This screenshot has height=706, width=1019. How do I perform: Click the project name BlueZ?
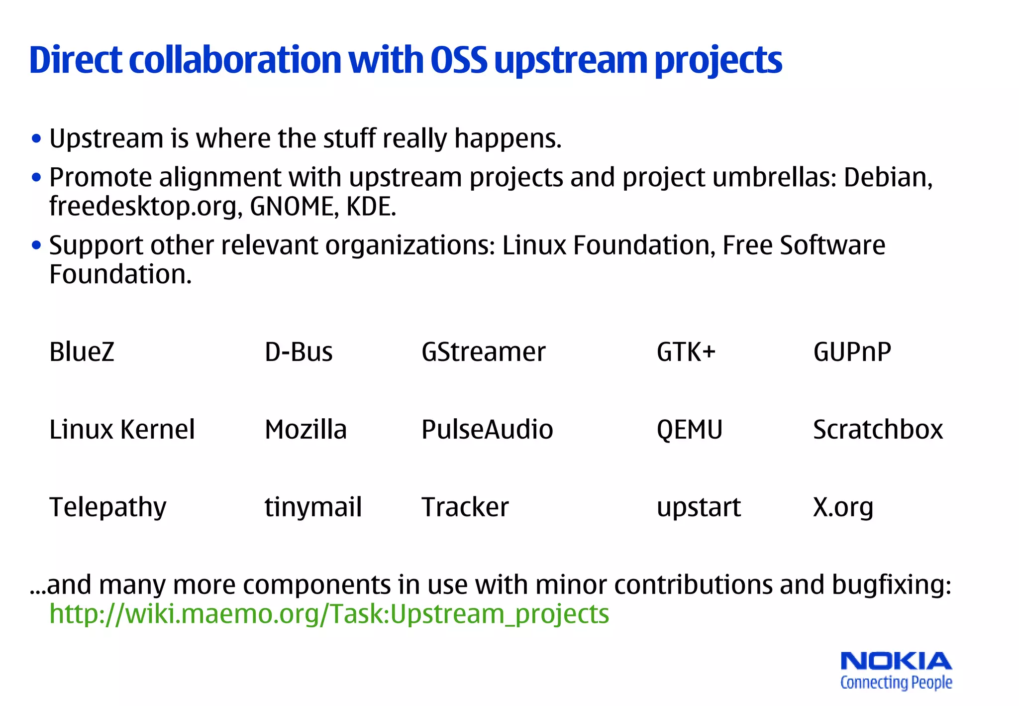[x=82, y=352]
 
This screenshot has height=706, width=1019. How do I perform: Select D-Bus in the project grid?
[x=299, y=352]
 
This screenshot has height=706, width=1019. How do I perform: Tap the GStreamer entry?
[x=483, y=352]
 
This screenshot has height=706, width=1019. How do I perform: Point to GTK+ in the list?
[x=686, y=352]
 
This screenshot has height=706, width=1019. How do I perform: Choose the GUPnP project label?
[x=852, y=352]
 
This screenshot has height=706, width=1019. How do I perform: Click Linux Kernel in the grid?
[x=122, y=430]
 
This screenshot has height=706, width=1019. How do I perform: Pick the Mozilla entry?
[x=306, y=430]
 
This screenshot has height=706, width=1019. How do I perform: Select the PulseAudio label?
[x=487, y=430]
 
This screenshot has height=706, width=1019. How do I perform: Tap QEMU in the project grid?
[x=690, y=430]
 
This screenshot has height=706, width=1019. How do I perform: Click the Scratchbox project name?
[x=878, y=430]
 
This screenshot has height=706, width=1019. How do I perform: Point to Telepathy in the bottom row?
[x=108, y=507]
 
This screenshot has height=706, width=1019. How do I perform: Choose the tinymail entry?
[x=313, y=507]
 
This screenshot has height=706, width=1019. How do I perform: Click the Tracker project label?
[x=465, y=507]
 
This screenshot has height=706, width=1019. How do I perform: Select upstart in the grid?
[x=699, y=507]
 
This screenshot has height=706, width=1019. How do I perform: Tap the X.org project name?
[x=843, y=507]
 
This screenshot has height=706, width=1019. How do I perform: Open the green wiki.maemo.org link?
[x=329, y=614]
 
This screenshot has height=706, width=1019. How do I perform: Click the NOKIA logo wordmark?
[x=896, y=661]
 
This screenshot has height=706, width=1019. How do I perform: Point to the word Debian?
[x=888, y=177]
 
